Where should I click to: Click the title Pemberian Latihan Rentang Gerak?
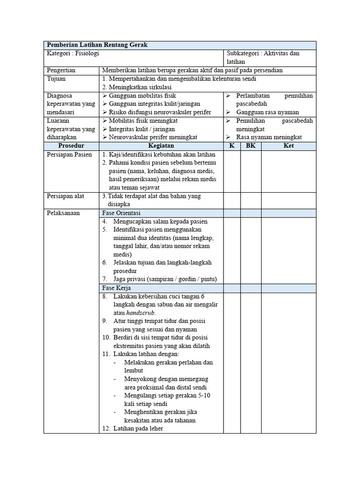tap(96, 45)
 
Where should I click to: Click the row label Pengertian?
tap(61, 70)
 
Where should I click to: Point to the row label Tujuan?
tap(57, 79)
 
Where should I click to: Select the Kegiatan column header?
tap(161, 146)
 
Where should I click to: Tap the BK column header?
tap(251, 146)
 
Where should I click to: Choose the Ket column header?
tap(288, 146)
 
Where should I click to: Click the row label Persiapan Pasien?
tap(69, 154)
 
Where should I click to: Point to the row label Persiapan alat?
tap(66, 196)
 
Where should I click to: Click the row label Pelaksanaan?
tap(63, 213)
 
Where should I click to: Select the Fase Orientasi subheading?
tap(123, 213)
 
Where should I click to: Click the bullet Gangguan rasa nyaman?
tap(267, 112)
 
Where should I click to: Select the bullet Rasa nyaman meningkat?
tap(269, 137)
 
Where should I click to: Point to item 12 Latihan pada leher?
tap(138, 428)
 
